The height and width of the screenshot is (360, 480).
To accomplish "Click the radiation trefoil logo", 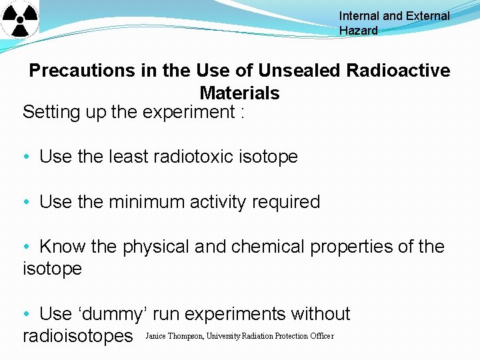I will [x=19, y=20].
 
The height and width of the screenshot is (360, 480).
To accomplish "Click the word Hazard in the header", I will [x=358, y=31].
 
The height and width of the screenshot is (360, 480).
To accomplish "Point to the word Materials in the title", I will [x=239, y=93].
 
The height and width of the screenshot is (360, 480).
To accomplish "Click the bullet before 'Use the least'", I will [x=25, y=157].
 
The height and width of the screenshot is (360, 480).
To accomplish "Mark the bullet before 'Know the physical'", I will [x=25, y=247].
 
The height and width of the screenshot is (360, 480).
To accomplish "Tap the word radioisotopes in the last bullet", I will [x=78, y=336].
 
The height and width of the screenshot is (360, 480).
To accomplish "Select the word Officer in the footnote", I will [x=322, y=336].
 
